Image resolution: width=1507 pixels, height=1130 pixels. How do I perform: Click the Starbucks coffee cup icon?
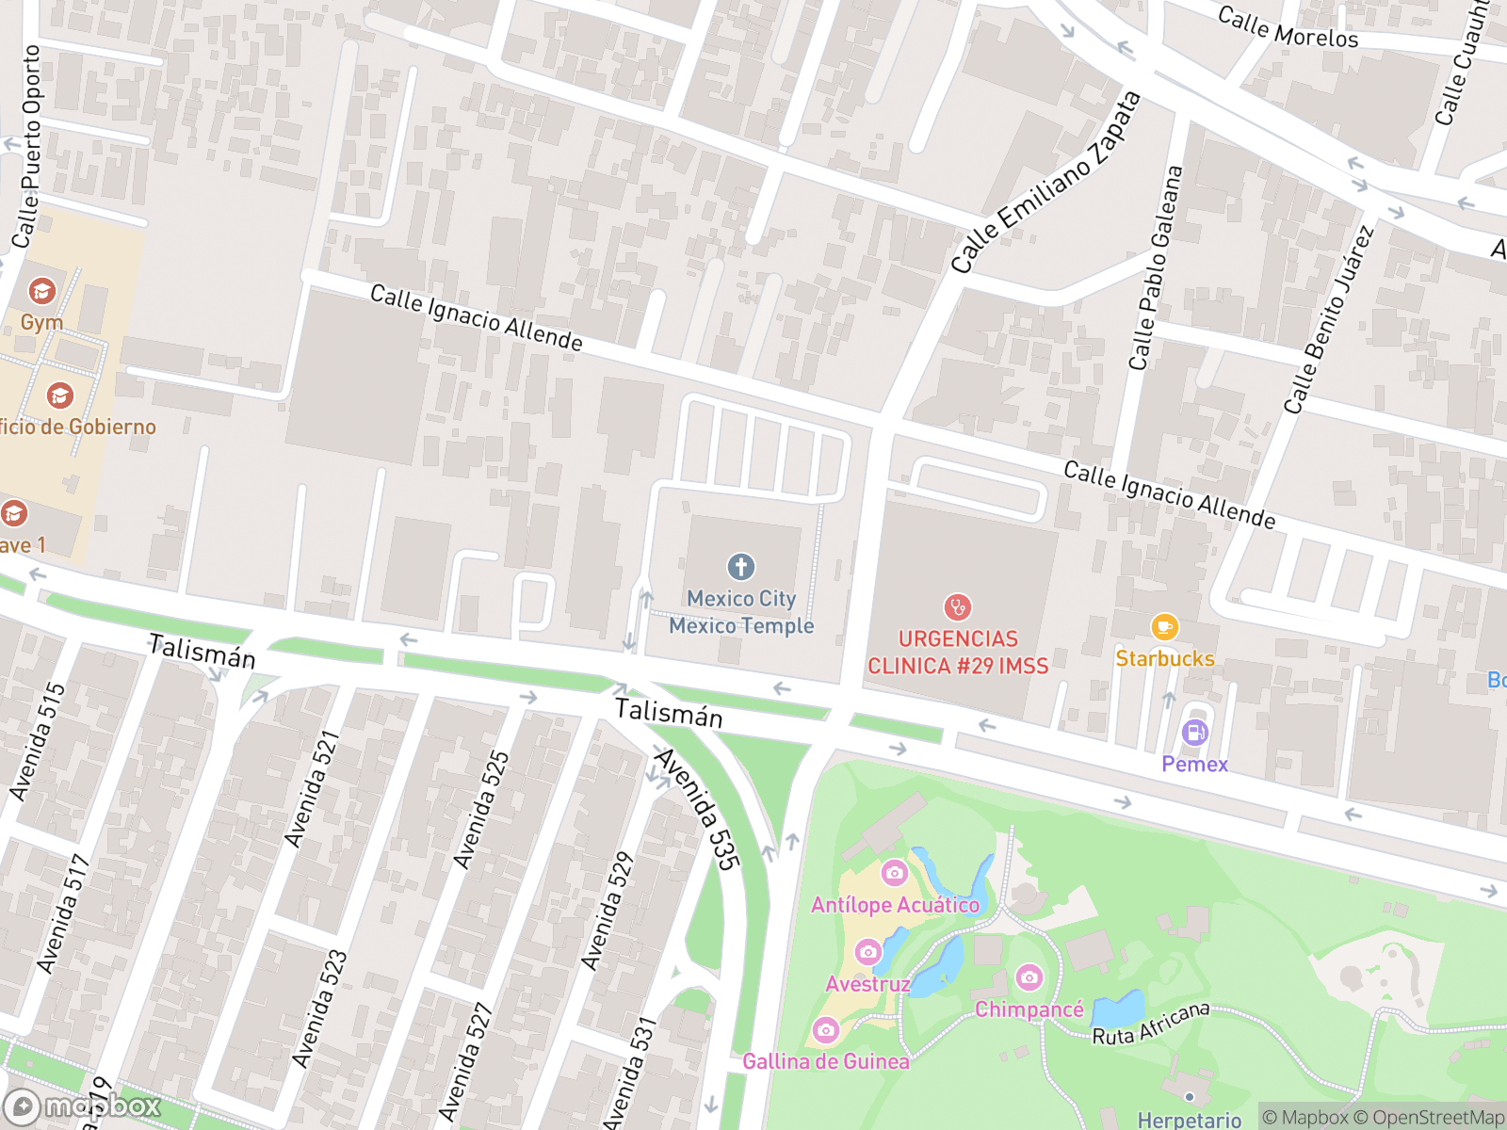[1164, 627]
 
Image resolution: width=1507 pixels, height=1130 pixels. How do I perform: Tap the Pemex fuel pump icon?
[1194, 733]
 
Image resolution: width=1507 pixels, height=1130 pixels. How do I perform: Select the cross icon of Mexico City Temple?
[741, 567]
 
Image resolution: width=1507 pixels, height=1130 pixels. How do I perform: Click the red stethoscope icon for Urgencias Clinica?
[957, 607]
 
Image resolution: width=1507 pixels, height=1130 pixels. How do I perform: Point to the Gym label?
[42, 322]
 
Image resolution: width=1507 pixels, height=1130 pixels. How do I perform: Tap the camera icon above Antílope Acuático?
[894, 873]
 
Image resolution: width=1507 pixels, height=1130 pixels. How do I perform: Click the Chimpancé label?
[1029, 1009]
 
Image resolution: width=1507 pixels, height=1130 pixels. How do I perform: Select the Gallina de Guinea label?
[826, 1061]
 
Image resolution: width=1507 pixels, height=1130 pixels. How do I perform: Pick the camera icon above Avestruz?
[867, 952]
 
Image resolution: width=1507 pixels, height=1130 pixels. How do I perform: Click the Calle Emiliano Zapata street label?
[1045, 183]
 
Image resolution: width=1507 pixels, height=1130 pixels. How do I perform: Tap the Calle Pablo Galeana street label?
[1155, 268]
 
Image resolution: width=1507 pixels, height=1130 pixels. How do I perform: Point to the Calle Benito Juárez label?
[1329, 320]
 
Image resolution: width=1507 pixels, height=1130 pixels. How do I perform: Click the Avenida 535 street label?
[698, 809]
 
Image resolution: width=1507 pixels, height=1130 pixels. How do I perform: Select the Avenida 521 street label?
[312, 789]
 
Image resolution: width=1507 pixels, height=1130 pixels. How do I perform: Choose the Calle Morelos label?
[1288, 27]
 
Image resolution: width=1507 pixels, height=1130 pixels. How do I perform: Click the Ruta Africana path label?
[1150, 1025]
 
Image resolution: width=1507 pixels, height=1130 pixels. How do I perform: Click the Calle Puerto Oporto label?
[26, 147]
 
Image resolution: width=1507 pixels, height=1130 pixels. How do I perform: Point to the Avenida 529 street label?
[606, 912]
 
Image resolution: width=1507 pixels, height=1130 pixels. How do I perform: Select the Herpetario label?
[1189, 1119]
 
